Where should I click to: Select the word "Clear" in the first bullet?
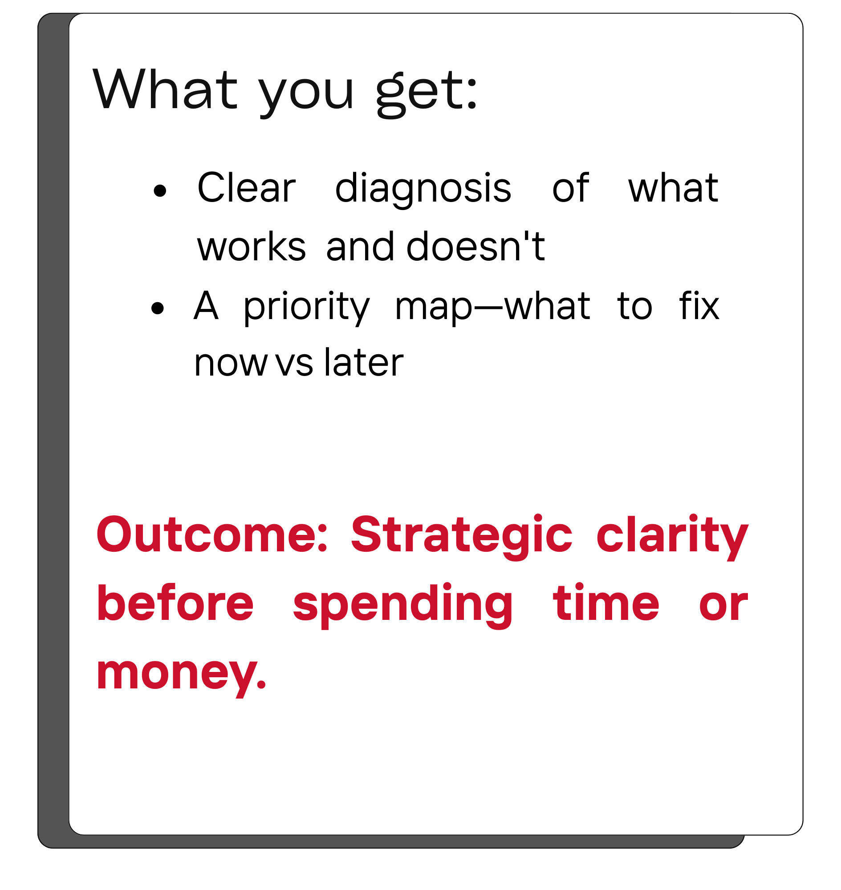click(x=247, y=188)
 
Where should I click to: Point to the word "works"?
click(x=252, y=247)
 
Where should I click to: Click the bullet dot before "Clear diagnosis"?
click(x=159, y=191)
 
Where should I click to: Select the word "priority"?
click(x=307, y=307)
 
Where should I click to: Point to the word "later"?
click(x=364, y=363)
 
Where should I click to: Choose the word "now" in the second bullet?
click(x=231, y=364)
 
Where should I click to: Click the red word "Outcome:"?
click(x=212, y=534)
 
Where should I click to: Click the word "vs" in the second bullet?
click(x=294, y=364)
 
